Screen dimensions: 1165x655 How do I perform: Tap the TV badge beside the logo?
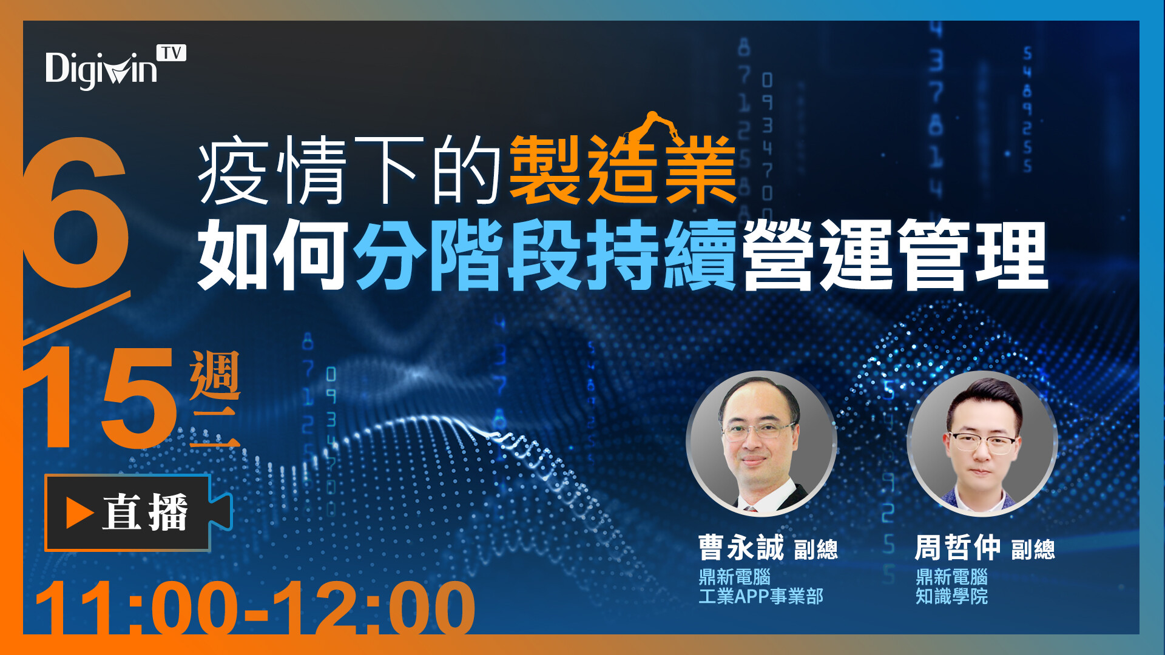click(172, 53)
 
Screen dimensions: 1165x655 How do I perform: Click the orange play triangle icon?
click(79, 513)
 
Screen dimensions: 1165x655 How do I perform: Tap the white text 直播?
click(145, 513)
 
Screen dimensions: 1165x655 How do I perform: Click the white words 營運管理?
click(896, 255)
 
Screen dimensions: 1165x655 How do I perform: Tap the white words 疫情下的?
click(349, 170)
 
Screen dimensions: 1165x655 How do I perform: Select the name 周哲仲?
click(958, 548)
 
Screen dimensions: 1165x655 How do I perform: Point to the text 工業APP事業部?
click(761, 596)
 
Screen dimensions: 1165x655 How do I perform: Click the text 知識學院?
click(952, 596)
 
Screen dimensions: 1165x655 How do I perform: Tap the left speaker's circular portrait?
click(761, 443)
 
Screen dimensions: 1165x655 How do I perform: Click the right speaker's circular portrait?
click(982, 443)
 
